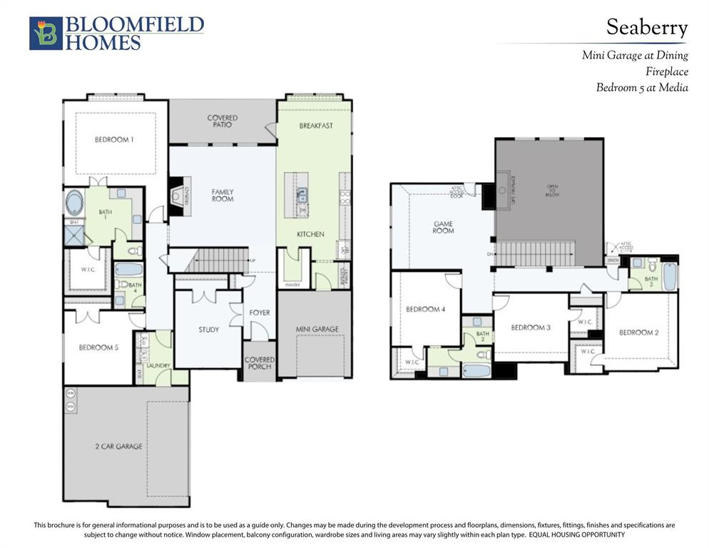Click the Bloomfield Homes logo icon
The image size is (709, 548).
[46, 34]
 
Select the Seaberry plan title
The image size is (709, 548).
[646, 28]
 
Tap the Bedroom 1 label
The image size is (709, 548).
[114, 140]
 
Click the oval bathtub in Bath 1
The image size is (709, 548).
[74, 203]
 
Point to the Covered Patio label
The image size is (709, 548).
[223, 121]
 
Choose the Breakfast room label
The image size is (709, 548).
[316, 126]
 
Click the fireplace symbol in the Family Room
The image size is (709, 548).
[176, 192]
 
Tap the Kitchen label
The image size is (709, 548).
[310, 234]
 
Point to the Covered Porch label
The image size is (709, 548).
[260, 363]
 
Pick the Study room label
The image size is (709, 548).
[208, 330]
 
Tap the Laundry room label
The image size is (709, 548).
[158, 365]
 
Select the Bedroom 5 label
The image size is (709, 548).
[98, 347]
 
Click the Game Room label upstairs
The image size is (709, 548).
[443, 227]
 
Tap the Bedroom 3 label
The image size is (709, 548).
[531, 328]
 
